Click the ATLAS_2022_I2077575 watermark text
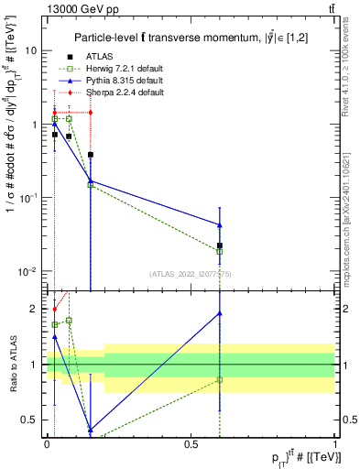(191, 273)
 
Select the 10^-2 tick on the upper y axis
(30, 271)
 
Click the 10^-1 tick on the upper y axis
(30, 198)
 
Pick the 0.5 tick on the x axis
(191, 443)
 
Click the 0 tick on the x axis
(47, 443)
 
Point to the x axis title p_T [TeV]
(294, 455)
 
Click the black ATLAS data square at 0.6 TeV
(220, 245)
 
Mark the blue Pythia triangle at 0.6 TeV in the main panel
(220, 224)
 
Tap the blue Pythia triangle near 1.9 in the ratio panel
(220, 313)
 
